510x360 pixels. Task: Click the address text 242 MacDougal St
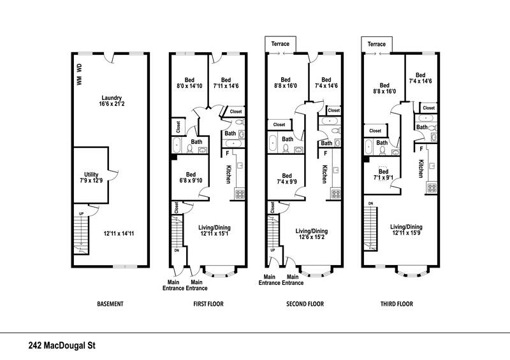pos(66,347)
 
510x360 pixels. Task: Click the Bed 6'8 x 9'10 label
pos(191,178)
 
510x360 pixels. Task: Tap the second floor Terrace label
pos(280,44)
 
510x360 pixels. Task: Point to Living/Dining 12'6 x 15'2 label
pos(311,234)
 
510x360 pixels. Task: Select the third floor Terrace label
pos(376,44)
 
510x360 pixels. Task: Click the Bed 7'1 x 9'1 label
pos(384,175)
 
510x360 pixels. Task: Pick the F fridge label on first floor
pos(228,152)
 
